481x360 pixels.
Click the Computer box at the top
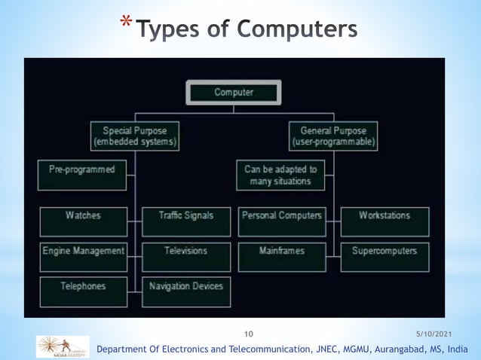click(234, 93)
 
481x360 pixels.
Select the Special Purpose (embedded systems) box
click(135, 136)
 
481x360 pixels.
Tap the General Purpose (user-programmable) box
click(333, 136)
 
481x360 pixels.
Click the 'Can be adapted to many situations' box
click(280, 175)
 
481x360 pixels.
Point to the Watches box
click(83, 221)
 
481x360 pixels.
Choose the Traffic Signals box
click(185, 221)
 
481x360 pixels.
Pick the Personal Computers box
click(282, 221)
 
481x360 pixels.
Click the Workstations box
click(384, 221)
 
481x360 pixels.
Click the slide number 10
click(250, 333)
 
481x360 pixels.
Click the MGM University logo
click(63, 346)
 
